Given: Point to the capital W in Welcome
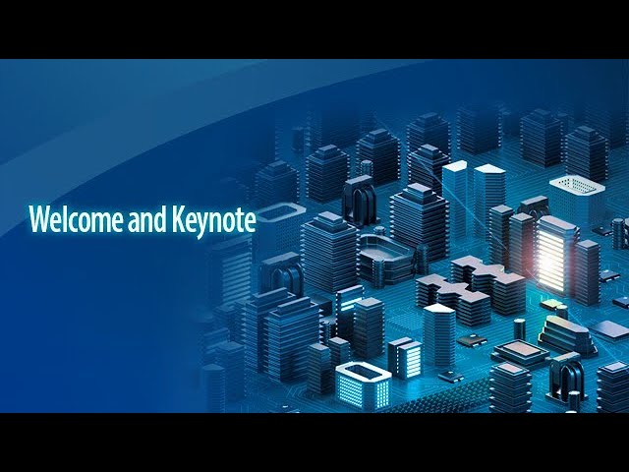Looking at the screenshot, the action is (39, 219).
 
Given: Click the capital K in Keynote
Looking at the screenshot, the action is (178, 219).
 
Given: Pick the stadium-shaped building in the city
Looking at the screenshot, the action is (388, 259).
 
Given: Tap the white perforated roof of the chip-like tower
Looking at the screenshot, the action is (577, 186).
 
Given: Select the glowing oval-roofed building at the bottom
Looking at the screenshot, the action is (363, 384).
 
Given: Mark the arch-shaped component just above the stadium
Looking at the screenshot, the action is (360, 201).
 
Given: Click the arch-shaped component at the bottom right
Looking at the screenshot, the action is (566, 377).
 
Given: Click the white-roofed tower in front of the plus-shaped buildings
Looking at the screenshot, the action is (439, 334).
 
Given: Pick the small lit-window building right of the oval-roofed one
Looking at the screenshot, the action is (405, 358).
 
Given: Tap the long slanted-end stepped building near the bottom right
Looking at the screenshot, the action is (566, 334).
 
